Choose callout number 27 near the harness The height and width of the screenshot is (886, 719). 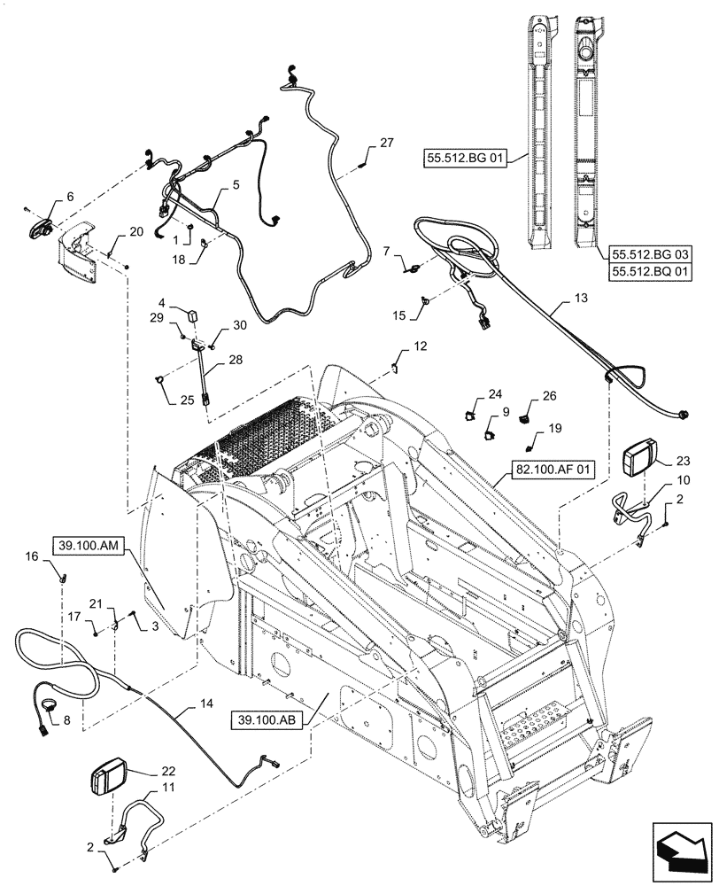click(385, 144)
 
